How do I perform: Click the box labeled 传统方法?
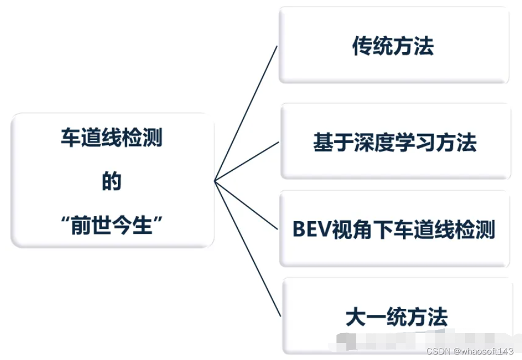[x=394, y=46]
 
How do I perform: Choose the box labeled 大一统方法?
[x=396, y=317]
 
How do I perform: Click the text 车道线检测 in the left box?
[x=111, y=138]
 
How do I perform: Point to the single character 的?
[x=111, y=182]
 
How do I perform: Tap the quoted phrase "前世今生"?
[x=111, y=225]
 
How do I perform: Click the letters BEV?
[x=311, y=229]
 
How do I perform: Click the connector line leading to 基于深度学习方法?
[x=247, y=161]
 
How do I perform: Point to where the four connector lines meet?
[x=215, y=181]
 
